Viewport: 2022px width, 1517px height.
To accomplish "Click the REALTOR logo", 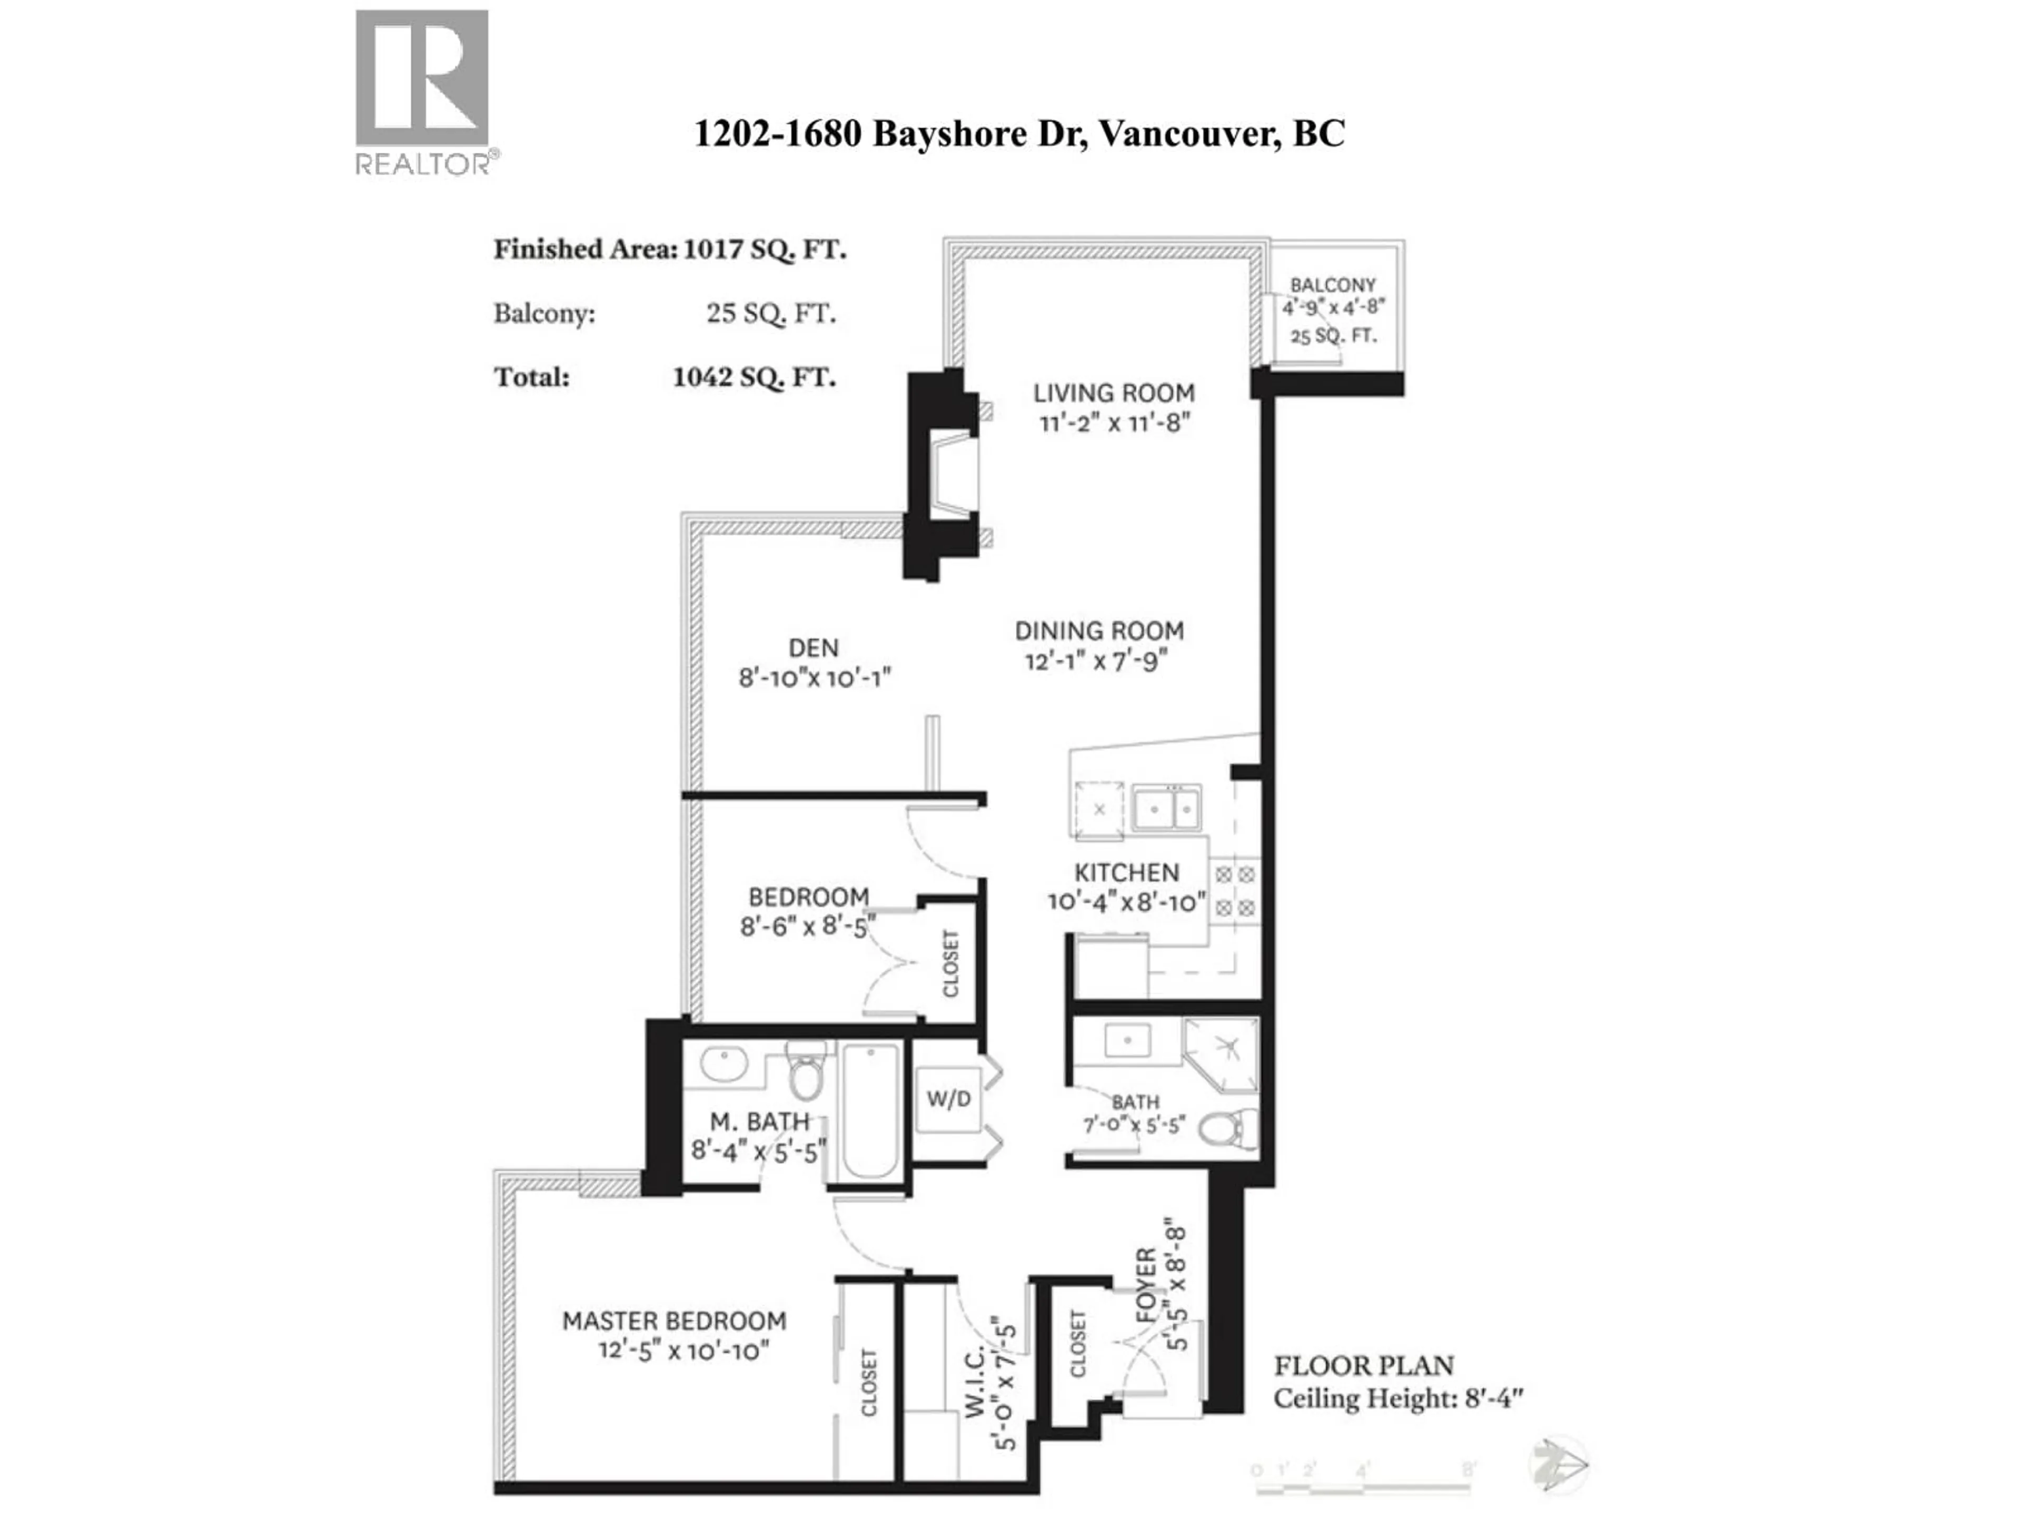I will point(422,92).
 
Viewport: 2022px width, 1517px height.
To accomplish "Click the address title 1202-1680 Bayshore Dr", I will point(1018,133).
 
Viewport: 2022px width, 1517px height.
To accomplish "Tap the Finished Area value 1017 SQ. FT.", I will point(764,250).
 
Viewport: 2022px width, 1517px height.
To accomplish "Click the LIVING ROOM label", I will point(1113,393).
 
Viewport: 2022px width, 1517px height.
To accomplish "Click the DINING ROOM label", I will point(1099,631).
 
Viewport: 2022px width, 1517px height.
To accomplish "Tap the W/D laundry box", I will point(948,1098).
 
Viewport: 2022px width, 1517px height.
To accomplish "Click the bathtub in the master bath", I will point(870,1111).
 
